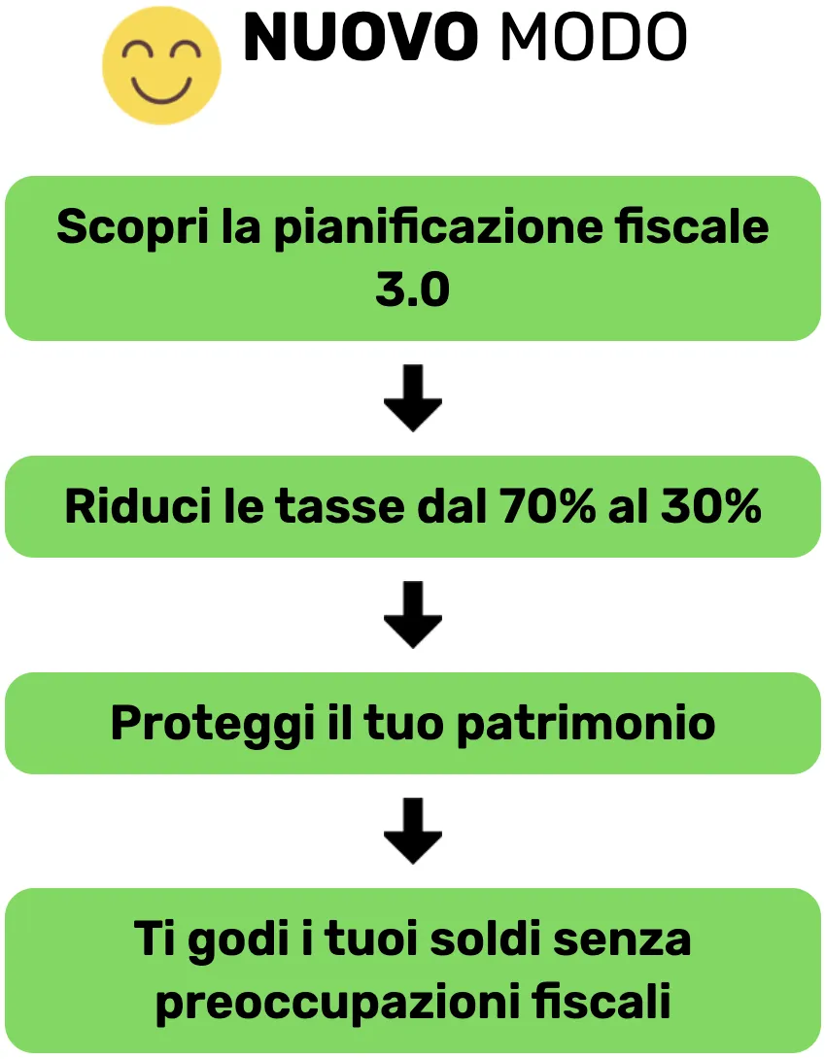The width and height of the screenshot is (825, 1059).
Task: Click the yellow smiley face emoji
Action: coord(161,65)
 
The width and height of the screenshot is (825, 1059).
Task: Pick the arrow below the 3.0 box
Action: coord(413,398)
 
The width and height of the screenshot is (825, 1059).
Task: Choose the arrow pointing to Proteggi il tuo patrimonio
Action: coord(413,615)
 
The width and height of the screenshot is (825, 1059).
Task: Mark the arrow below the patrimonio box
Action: coord(413,832)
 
